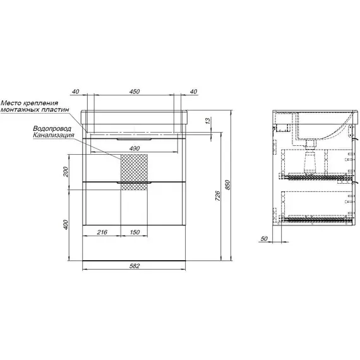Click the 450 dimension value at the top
(135, 92)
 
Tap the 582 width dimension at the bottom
(135, 266)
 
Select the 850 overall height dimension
(227, 185)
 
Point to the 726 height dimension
(218, 196)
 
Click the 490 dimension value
(135, 148)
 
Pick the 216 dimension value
(102, 232)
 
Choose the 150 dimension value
(135, 232)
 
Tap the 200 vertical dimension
(66, 172)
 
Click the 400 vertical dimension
(66, 225)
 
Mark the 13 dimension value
(208, 120)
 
